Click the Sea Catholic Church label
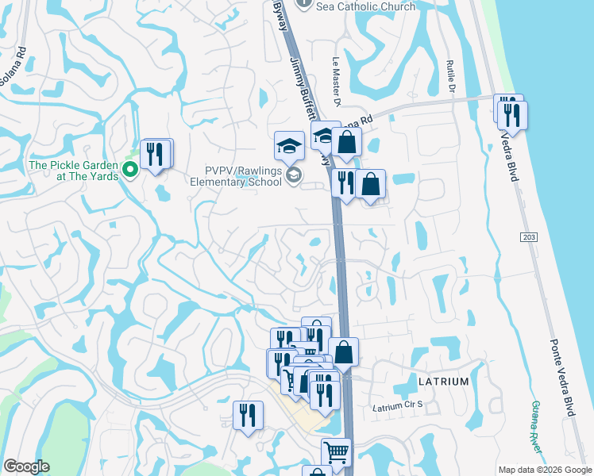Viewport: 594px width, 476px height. tap(365, 6)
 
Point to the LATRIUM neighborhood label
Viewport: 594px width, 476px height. tap(443, 382)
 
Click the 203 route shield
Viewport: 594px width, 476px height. tap(530, 237)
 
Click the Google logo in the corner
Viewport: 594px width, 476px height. tap(26, 466)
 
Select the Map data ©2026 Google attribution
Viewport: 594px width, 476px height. tap(544, 470)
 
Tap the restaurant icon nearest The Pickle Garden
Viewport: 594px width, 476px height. tap(156, 153)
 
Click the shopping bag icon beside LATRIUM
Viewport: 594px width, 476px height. tap(343, 351)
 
